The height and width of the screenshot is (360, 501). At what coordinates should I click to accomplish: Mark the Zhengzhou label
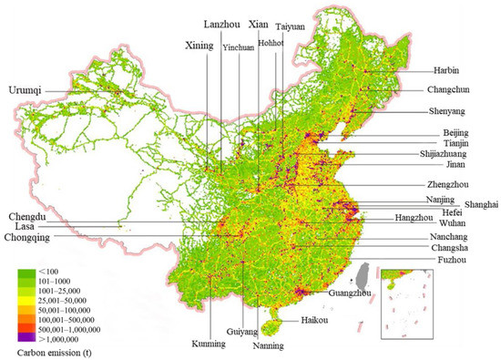pyautogui.click(x=449, y=186)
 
